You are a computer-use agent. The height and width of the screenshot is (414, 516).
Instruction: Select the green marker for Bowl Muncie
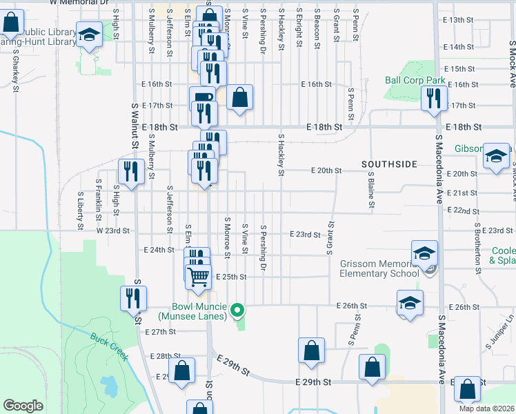(x=237, y=309)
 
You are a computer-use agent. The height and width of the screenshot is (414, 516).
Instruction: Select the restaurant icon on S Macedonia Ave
(x=434, y=97)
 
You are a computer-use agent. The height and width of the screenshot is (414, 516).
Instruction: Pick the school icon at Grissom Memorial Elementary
(x=425, y=253)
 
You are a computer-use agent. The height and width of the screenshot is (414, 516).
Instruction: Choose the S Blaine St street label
(x=371, y=190)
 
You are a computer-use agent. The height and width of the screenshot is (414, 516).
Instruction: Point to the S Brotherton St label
(x=477, y=244)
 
